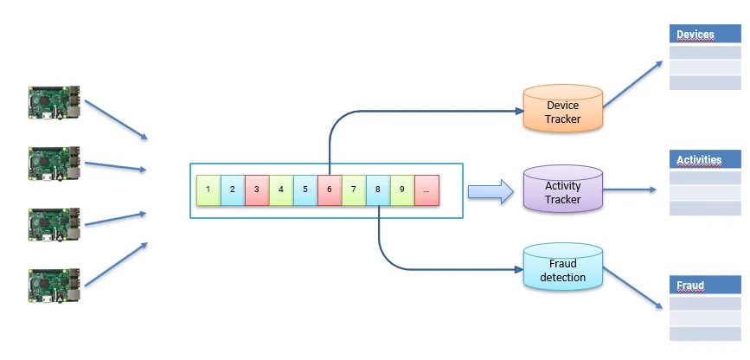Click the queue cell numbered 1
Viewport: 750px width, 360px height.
point(208,190)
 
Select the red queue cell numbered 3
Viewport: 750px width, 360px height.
point(257,190)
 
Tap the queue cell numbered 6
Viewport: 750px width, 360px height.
point(330,190)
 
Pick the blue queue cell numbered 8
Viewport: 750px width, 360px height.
point(378,190)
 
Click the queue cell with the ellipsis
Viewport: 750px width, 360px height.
point(426,190)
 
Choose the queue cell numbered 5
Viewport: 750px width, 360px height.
point(305,190)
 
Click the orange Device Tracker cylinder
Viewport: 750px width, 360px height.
point(562,109)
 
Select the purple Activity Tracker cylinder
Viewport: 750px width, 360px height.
point(562,190)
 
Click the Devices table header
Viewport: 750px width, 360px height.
point(705,35)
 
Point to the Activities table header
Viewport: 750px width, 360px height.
point(705,160)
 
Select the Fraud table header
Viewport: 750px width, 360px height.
point(705,286)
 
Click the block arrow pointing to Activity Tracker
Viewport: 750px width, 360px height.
point(490,191)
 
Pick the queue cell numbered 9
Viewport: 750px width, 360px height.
point(402,190)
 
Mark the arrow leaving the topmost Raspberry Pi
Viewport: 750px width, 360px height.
point(117,119)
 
